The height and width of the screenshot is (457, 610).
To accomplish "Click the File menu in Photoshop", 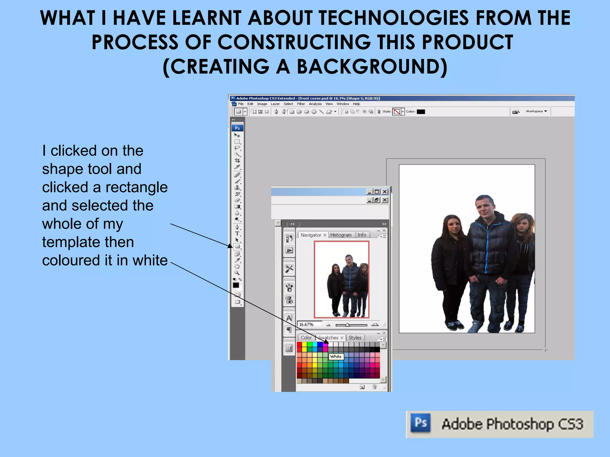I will click(x=241, y=104).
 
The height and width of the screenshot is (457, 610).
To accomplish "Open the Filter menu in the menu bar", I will click(x=301, y=104).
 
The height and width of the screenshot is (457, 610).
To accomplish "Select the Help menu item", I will click(x=356, y=104).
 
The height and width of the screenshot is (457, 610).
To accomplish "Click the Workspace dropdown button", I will click(x=536, y=111).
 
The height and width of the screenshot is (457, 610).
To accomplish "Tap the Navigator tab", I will click(x=311, y=235).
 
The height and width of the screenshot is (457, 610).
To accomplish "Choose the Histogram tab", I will click(x=341, y=235).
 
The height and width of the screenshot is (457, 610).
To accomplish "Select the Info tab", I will click(x=362, y=235).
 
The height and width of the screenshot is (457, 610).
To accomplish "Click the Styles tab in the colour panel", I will click(x=355, y=338).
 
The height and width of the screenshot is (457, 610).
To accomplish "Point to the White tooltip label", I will click(x=336, y=356).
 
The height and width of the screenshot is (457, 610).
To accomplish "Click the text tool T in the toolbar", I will click(x=237, y=234).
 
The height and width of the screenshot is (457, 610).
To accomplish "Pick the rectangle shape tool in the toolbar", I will click(x=237, y=246).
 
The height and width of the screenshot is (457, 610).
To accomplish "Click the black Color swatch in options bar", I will click(x=421, y=112).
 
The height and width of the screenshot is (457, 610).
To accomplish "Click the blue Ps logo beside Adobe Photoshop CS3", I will click(x=420, y=423).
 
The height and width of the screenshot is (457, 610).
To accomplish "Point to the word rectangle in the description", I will click(x=136, y=187).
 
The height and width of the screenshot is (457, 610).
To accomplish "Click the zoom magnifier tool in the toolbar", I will click(x=237, y=273).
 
